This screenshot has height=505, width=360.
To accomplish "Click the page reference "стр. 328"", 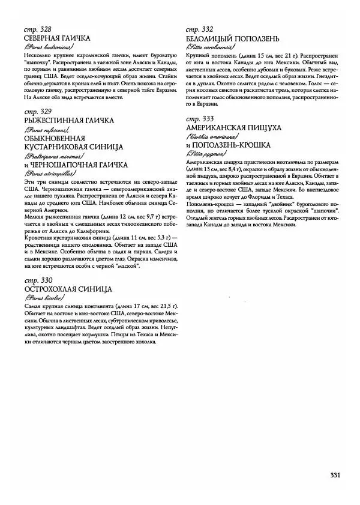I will (35, 29).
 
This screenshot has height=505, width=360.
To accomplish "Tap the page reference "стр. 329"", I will (35, 112).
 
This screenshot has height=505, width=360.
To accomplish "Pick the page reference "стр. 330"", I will (35, 280).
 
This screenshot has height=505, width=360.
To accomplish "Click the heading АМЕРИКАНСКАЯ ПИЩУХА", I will (234, 128).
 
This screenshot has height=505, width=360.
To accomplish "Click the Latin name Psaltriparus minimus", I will (50, 155).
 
